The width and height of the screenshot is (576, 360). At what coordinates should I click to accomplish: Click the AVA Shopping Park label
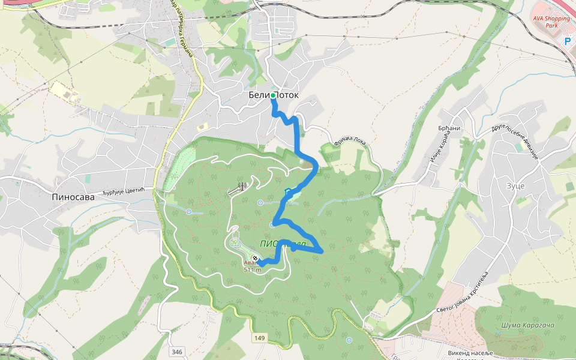(551, 22)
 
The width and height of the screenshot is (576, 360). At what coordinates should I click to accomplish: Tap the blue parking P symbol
(568, 41)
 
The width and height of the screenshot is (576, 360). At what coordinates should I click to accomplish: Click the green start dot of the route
(273, 95)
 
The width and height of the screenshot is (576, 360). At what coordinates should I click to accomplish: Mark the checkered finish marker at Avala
(255, 258)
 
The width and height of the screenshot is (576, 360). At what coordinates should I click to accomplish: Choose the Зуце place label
(515, 186)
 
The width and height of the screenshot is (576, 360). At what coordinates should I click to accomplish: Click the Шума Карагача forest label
(528, 325)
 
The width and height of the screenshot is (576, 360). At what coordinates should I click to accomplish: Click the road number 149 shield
(259, 338)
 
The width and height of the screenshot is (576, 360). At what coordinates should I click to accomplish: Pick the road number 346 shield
(176, 351)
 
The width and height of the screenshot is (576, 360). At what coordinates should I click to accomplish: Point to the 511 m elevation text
(252, 269)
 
